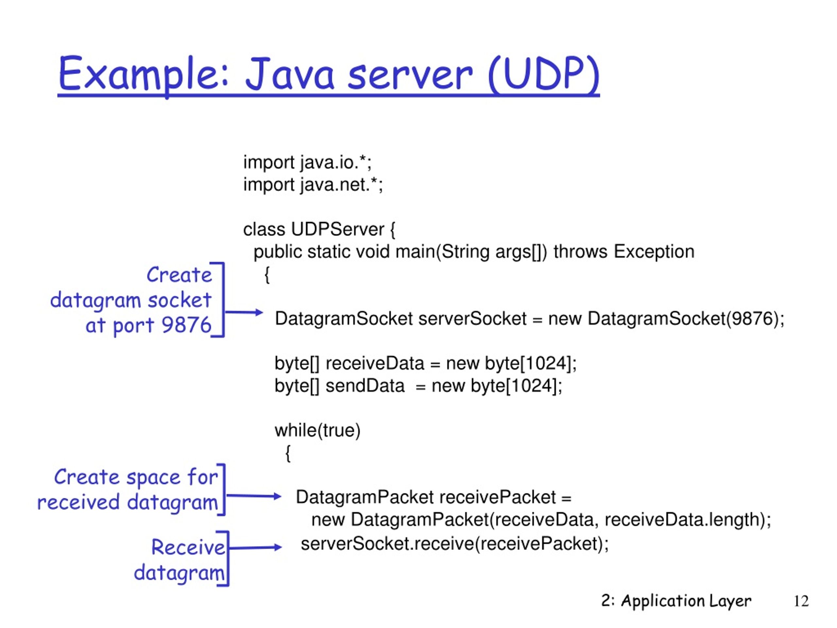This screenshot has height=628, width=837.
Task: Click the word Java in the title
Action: (x=291, y=74)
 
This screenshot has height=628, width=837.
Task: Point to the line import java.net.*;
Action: (x=313, y=185)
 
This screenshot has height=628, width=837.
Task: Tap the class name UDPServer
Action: (x=337, y=229)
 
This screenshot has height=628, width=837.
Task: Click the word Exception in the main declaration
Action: (x=654, y=252)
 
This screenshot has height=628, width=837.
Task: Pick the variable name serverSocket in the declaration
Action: (x=472, y=319)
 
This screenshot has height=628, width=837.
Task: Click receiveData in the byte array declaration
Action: (x=375, y=363)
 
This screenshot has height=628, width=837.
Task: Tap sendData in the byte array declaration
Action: (x=365, y=386)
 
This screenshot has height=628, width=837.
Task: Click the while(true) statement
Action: (x=317, y=431)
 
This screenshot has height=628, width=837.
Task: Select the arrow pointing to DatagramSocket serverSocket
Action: (x=244, y=312)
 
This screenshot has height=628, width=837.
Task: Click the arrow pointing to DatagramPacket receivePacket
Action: (x=253, y=496)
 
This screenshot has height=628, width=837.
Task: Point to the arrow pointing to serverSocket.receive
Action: (x=255, y=547)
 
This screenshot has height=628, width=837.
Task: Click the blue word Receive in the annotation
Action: (x=188, y=547)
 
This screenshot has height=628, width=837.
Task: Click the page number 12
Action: (x=801, y=601)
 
